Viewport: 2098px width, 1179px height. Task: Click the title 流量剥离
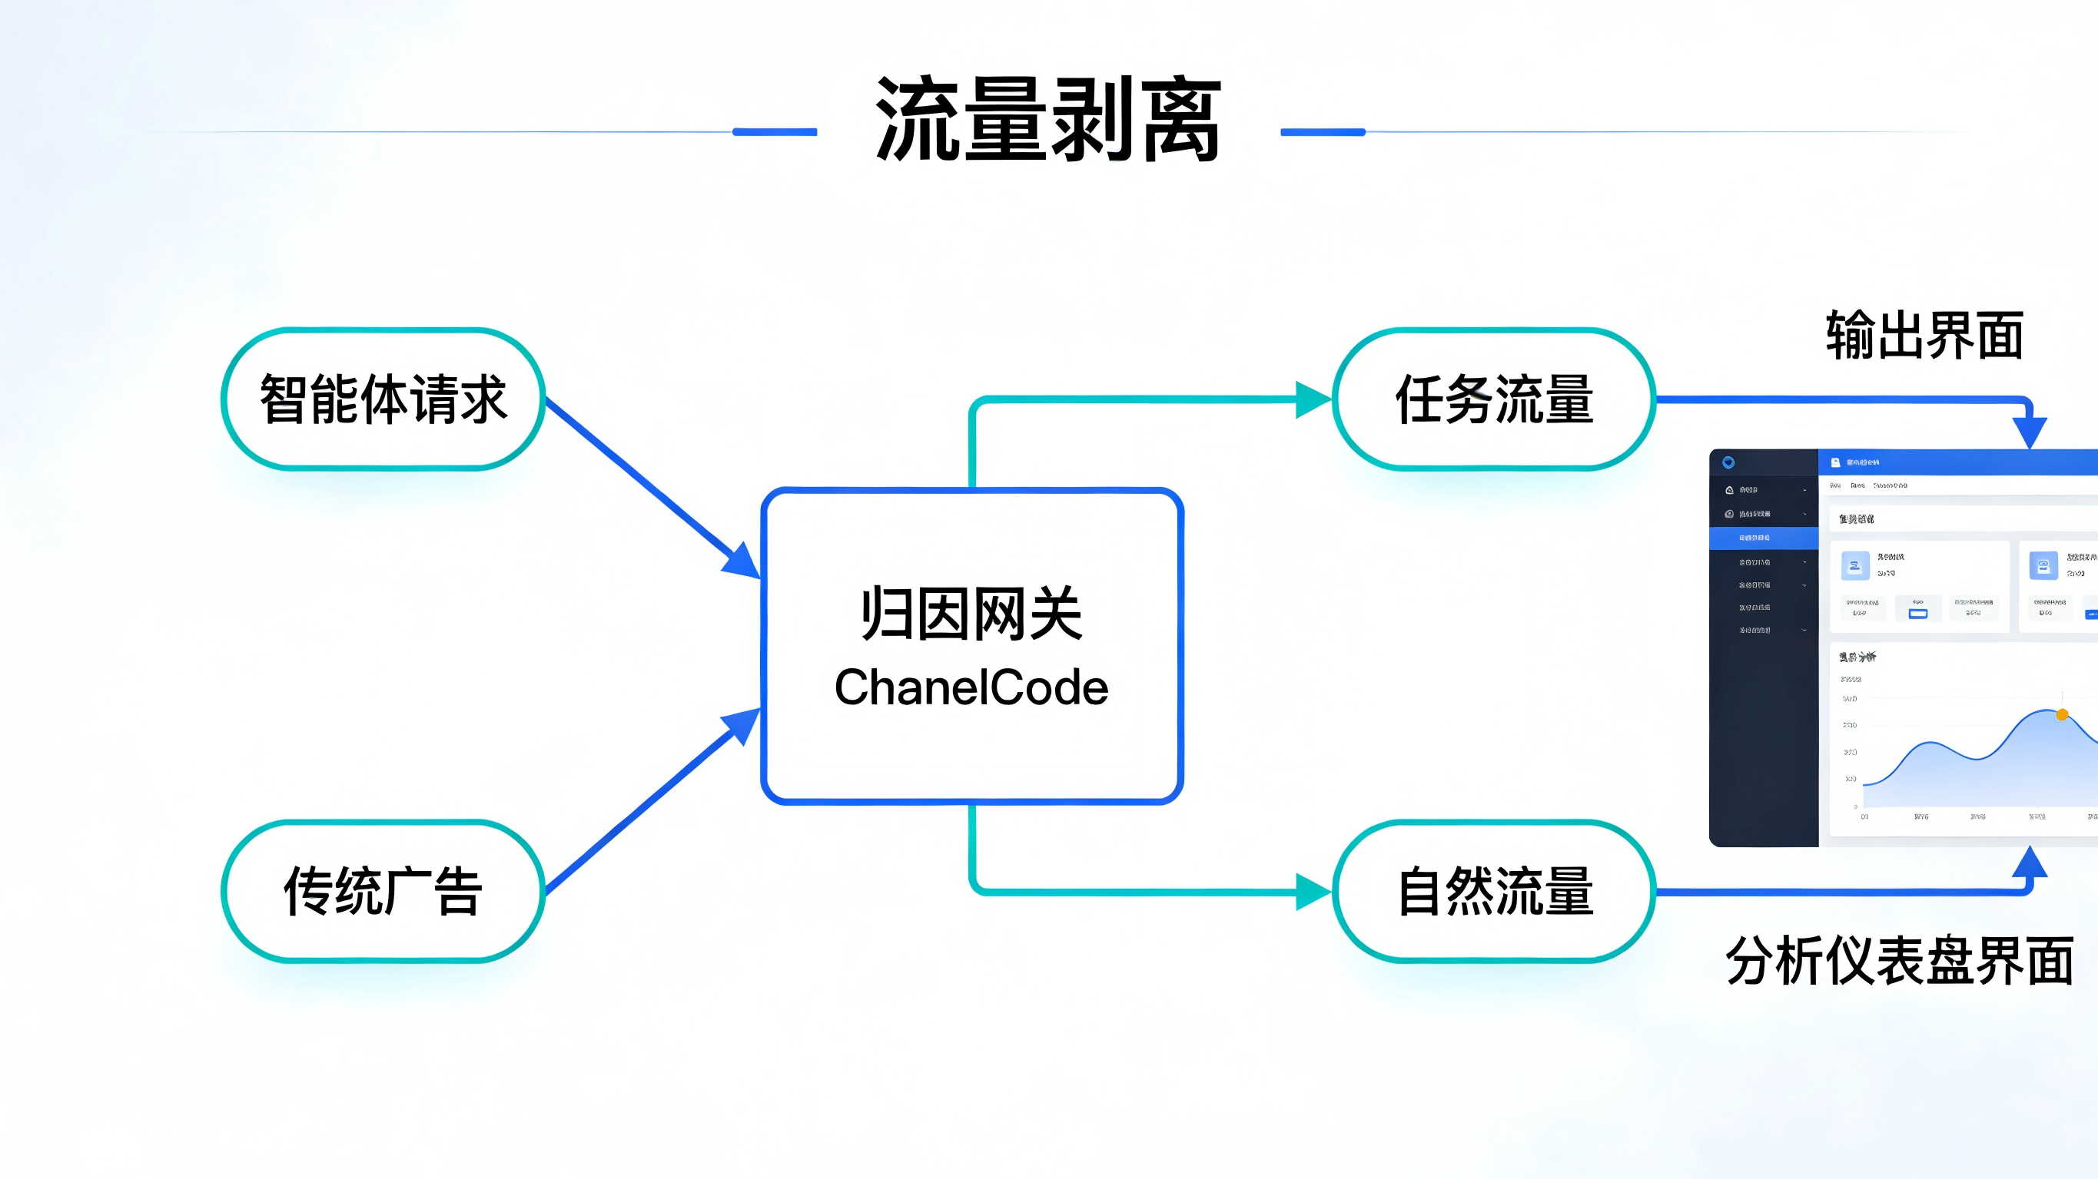[1048, 121]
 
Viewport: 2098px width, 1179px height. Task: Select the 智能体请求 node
[383, 399]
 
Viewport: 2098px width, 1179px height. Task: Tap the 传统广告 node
[383, 891]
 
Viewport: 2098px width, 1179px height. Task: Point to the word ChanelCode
[971, 687]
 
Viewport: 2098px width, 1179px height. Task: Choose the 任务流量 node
[1494, 399]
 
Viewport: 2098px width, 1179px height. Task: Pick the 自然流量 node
[1494, 891]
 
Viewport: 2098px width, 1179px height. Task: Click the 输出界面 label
[1924, 335]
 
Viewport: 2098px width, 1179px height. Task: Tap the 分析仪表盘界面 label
[1899, 961]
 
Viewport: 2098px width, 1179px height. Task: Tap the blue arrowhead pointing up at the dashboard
[2029, 863]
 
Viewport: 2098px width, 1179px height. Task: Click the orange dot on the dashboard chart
[2061, 715]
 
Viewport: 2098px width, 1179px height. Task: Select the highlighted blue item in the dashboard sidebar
[1763, 538]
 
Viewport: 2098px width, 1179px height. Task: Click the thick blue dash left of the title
[775, 132]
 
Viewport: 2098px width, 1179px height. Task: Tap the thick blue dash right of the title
[1323, 132]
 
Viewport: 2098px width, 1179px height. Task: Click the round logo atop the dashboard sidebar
[1728, 462]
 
